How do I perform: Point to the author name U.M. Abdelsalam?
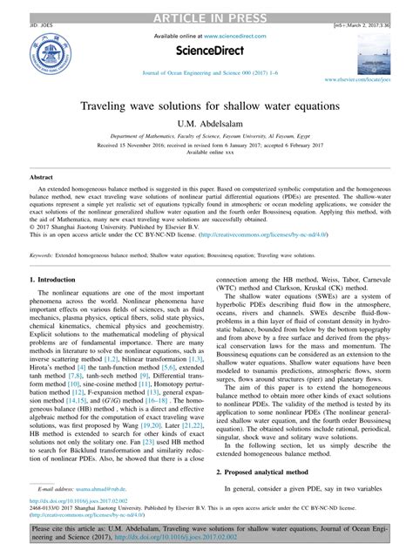(x=206, y=125)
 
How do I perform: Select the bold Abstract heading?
(x=42, y=177)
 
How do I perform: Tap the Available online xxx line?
(x=206, y=153)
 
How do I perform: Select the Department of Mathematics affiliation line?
(x=206, y=138)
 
